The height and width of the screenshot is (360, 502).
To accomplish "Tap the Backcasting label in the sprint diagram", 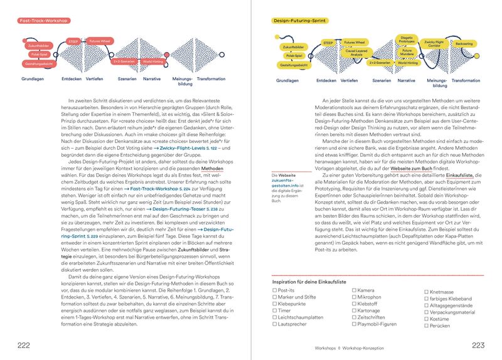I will click(464, 44).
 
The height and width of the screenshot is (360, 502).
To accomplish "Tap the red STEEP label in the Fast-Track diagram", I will click(73, 41).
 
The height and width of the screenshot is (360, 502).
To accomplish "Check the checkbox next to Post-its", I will click(275, 290).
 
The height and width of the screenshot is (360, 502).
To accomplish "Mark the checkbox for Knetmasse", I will click(426, 292).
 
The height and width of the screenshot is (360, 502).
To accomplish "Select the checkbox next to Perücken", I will click(426, 326).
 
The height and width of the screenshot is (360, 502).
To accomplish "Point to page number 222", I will click(24, 346).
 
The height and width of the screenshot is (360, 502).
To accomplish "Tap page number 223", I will click(478, 346).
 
